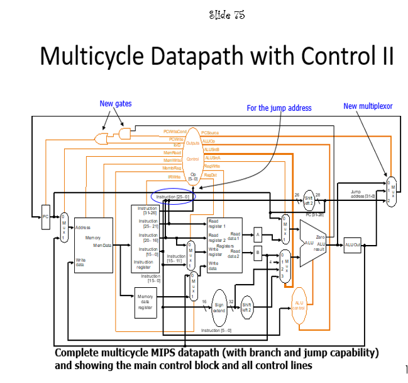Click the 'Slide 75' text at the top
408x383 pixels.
click(226, 14)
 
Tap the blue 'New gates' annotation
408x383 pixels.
click(116, 104)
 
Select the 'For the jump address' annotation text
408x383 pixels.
click(279, 108)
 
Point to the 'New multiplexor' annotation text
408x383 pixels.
click(368, 106)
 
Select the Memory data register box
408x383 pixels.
click(145, 302)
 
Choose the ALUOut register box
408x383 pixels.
click(353, 244)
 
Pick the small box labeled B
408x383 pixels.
click(257, 253)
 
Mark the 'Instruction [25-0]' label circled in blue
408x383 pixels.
click(175, 197)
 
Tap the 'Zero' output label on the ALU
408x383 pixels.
click(320, 236)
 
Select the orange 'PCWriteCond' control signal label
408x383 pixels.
click(174, 131)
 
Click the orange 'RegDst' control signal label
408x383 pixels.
click(210, 174)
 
